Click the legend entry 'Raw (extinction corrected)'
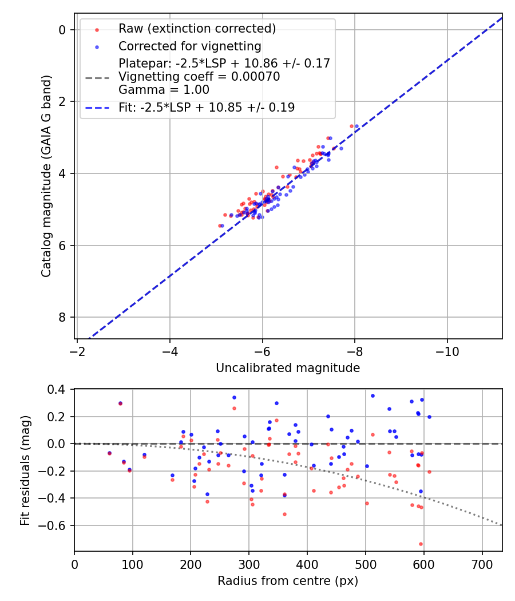[x=197, y=29]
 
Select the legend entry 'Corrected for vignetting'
[x=189, y=46]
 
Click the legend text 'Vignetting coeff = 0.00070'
[x=199, y=77]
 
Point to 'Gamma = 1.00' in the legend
[x=164, y=90]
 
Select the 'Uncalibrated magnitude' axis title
[x=288, y=368]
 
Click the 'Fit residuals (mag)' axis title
[x=25, y=470]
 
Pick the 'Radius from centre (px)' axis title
[x=288, y=581]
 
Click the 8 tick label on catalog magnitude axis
[x=64, y=317]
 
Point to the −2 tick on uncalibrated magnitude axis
[x=77, y=351]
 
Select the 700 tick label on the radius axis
[x=482, y=564]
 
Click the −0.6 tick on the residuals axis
[x=57, y=525]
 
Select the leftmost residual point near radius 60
[x=109, y=453]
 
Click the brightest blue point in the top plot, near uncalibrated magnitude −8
[x=356, y=126]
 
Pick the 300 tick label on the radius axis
[x=249, y=564]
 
